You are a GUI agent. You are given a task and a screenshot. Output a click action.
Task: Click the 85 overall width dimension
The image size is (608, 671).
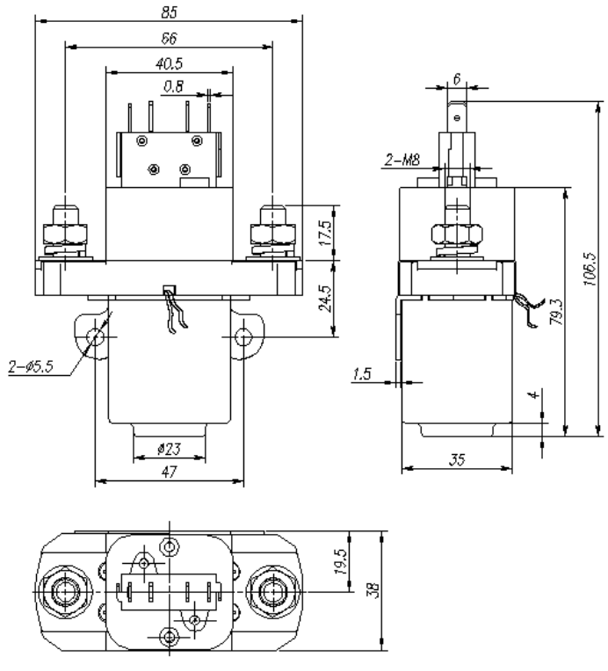167,13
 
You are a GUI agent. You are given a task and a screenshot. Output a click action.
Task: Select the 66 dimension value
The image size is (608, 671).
167,38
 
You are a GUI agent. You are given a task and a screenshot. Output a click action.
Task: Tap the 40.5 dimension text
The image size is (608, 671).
166,63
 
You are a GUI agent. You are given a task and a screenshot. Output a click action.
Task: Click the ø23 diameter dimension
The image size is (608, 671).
168,449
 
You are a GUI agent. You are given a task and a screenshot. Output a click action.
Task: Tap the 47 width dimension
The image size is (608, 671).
168,473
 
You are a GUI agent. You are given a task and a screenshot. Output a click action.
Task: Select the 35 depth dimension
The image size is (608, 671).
456,458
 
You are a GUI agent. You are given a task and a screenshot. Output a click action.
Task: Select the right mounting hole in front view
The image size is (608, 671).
243,336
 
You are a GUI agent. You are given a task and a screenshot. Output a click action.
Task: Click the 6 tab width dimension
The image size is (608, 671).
456,77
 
